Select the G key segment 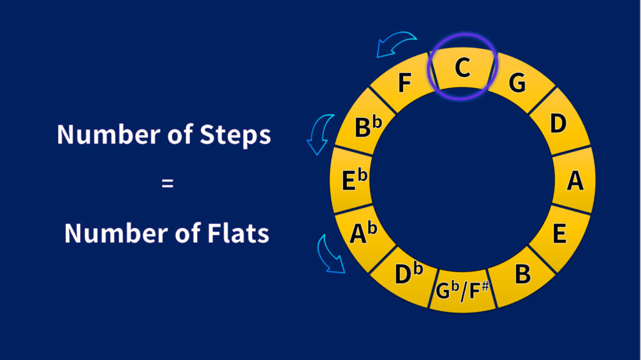tap(517, 83)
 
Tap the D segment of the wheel tap(558, 123)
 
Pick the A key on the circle tap(575, 181)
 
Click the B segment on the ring tap(521, 274)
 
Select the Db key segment tap(409, 274)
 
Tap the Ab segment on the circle tap(364, 234)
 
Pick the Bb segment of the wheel tap(367, 127)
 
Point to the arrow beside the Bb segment tap(320, 133)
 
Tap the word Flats tap(238, 234)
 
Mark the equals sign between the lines tap(167, 184)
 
